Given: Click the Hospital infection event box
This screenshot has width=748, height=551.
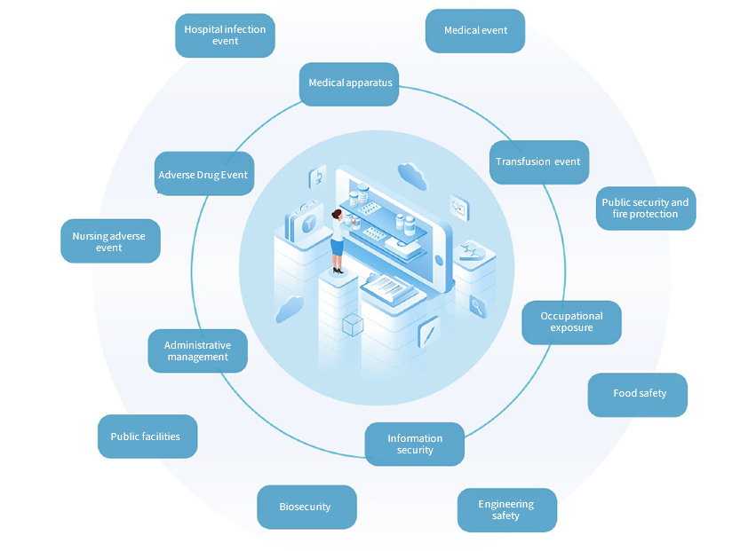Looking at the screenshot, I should (225, 35).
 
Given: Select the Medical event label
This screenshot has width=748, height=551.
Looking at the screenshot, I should (475, 31).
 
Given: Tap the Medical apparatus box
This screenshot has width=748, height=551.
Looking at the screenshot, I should (349, 83).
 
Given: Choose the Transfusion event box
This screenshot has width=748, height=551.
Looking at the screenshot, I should (538, 162).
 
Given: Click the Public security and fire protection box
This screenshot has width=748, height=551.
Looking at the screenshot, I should (645, 209).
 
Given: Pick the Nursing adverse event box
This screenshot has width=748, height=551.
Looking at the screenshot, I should (109, 241).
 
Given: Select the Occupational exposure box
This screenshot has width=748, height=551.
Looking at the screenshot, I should (571, 322).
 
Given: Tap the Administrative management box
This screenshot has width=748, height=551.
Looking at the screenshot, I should (197, 351).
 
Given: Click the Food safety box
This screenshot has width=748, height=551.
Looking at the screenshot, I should (638, 394).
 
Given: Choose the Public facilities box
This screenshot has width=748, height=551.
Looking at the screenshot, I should (146, 437).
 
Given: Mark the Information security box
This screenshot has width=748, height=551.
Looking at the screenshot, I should (414, 445).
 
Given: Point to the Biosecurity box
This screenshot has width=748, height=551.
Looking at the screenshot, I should (306, 508).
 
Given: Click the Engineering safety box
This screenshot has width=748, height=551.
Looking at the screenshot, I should (506, 510).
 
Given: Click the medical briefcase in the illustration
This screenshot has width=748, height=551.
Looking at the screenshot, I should (305, 218).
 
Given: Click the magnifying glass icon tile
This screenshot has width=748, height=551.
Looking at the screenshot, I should (477, 306).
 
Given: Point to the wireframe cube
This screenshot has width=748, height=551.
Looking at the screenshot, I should (353, 325).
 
